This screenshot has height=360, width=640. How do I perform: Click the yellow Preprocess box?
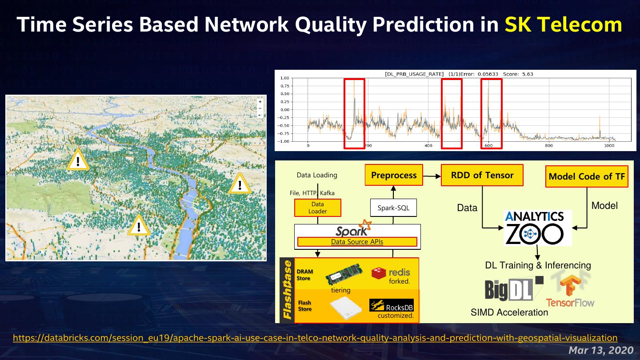coord(394,175)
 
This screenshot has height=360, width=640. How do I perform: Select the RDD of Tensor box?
coord(482,175)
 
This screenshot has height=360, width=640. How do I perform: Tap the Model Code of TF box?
coord(587,176)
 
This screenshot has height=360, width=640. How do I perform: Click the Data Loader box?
coord(317,208)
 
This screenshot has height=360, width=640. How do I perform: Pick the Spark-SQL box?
coord(393,208)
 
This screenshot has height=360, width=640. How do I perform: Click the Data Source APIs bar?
coord(357,242)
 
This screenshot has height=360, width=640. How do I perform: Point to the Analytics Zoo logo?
coord(537,228)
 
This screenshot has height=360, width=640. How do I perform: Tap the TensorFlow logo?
coord(570,289)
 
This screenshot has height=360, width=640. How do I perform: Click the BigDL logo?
coord(513,288)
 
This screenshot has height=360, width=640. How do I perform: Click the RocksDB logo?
coord(391,305)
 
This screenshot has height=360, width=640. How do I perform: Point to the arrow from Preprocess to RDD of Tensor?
coord(432,176)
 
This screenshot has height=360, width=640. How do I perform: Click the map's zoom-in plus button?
coord(260,101)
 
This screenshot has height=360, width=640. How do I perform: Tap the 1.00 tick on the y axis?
coord(284,78)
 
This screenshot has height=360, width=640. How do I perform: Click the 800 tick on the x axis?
coord(549,145)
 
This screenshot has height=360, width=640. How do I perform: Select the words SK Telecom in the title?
coord(563,24)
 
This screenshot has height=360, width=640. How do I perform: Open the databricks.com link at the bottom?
coord(315,338)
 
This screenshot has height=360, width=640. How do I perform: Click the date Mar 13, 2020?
coord(601,350)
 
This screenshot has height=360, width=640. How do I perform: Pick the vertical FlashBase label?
coord(287,290)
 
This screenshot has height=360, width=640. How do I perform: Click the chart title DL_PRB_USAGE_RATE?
coord(414,74)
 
